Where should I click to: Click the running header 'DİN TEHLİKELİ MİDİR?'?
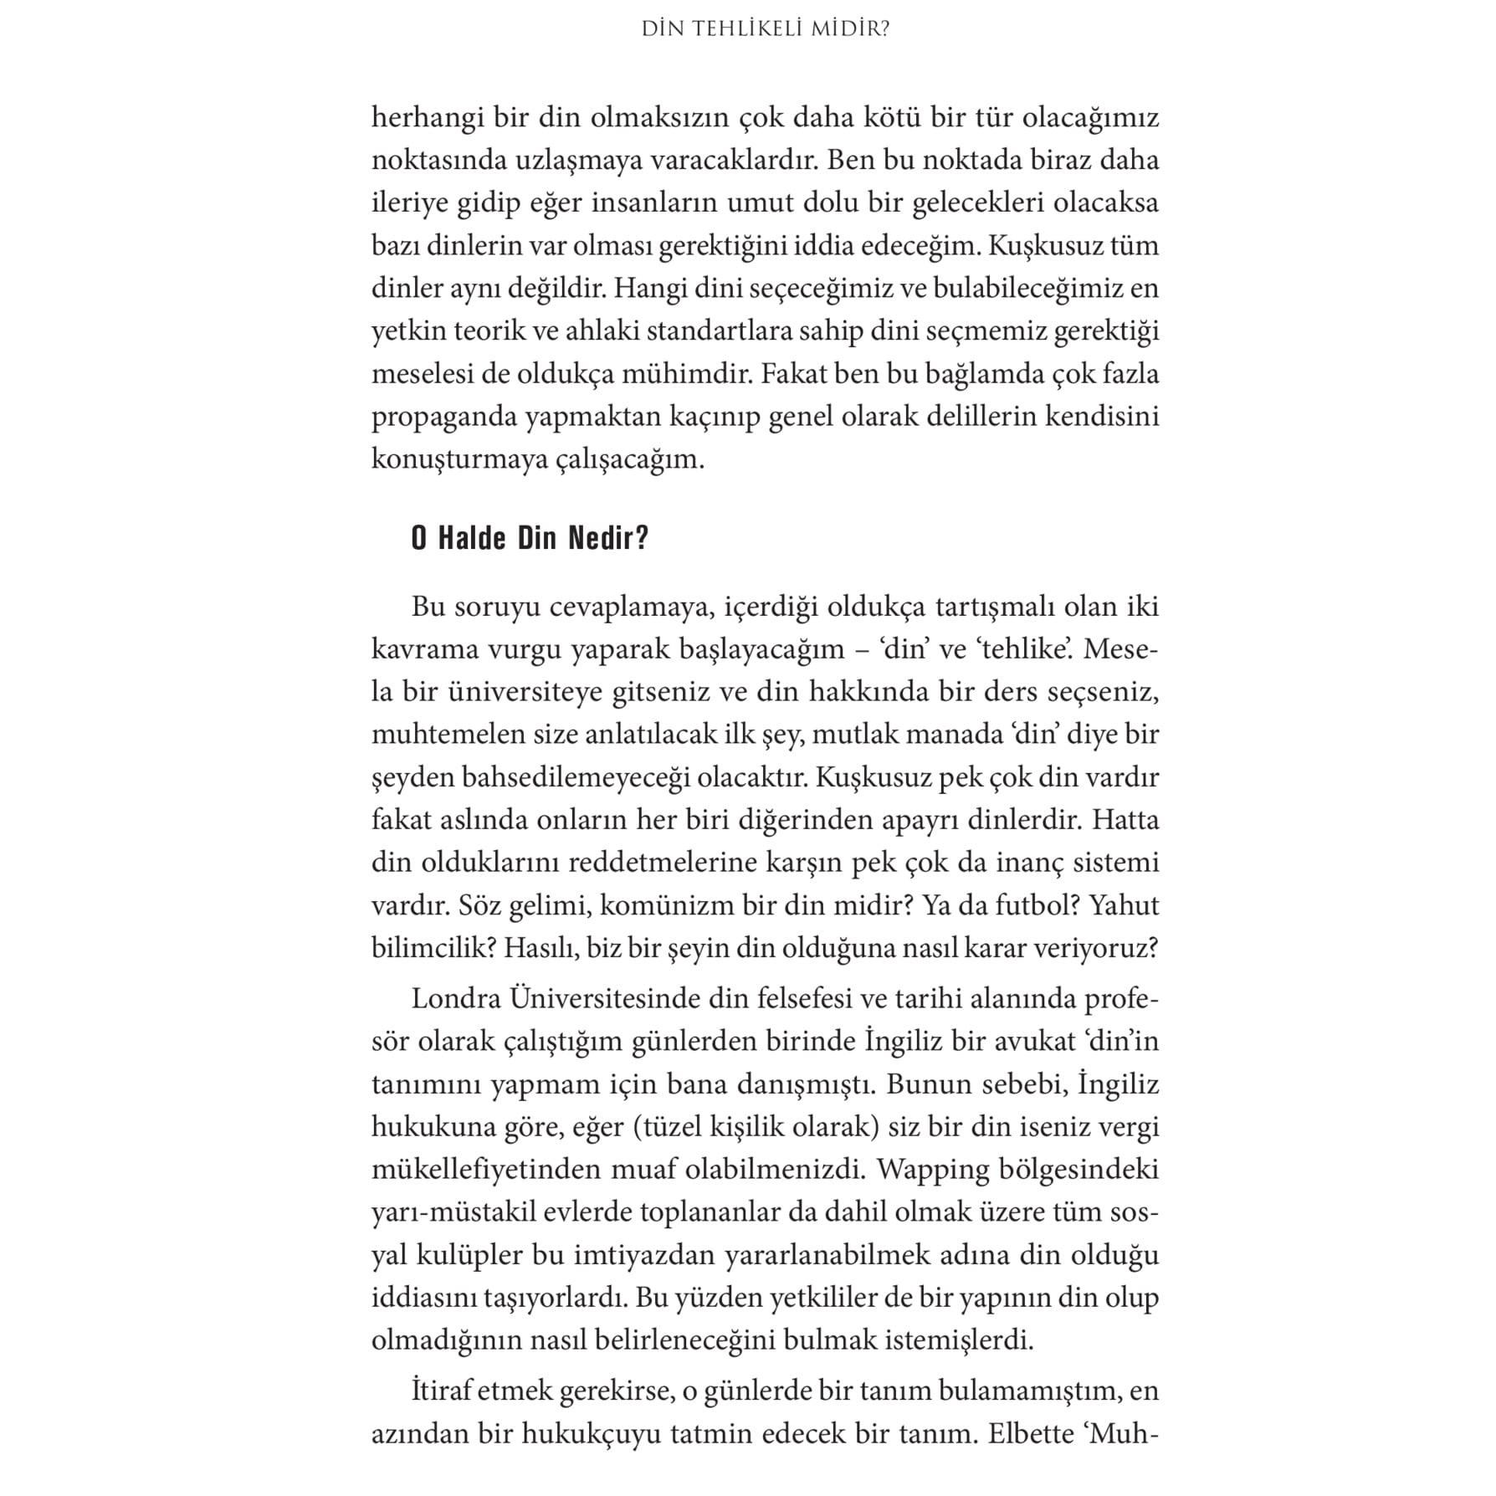(766, 29)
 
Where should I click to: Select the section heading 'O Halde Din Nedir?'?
(530, 539)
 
